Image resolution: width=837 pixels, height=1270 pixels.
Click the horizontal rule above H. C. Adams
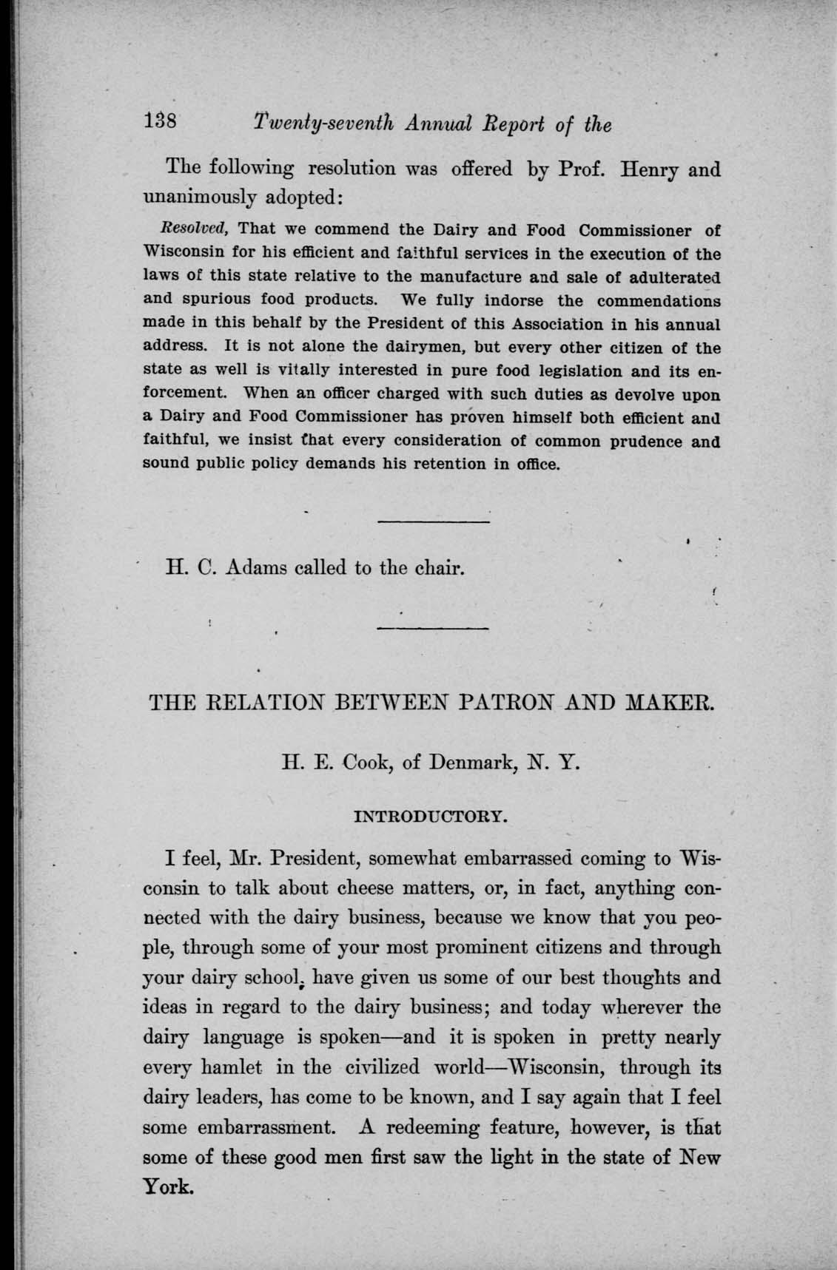434,523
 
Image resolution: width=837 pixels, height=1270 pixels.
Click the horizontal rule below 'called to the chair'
434,628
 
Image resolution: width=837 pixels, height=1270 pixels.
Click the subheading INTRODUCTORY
431,817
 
